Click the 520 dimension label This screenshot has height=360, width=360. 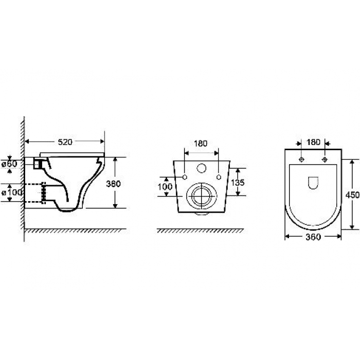click(x=65, y=142)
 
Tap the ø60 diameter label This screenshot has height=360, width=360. click(x=9, y=164)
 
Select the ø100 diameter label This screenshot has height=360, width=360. click(x=12, y=192)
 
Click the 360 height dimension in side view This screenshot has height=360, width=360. click(x=113, y=184)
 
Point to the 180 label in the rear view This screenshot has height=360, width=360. click(x=201, y=143)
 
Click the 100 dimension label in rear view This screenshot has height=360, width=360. click(x=165, y=187)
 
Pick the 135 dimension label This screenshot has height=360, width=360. click(x=238, y=183)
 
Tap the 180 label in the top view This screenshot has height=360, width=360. click(x=313, y=142)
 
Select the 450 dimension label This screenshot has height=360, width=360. click(x=352, y=195)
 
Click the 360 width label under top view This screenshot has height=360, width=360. click(x=313, y=237)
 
